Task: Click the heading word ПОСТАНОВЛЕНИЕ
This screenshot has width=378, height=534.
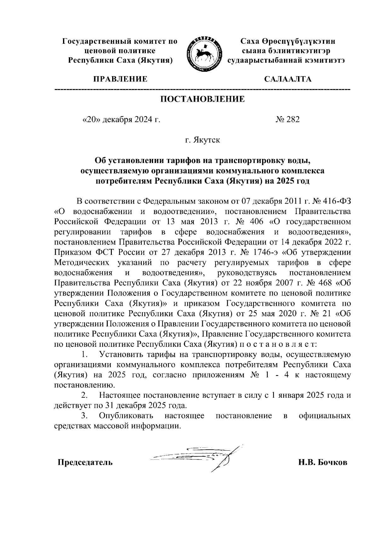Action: click(203, 99)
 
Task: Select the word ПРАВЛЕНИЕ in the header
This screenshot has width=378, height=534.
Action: click(120, 79)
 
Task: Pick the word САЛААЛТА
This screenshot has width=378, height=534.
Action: click(288, 79)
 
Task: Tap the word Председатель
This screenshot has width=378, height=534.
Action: click(85, 462)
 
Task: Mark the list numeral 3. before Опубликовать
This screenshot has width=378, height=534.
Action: click(84, 416)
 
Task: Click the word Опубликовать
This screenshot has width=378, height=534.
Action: click(126, 416)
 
